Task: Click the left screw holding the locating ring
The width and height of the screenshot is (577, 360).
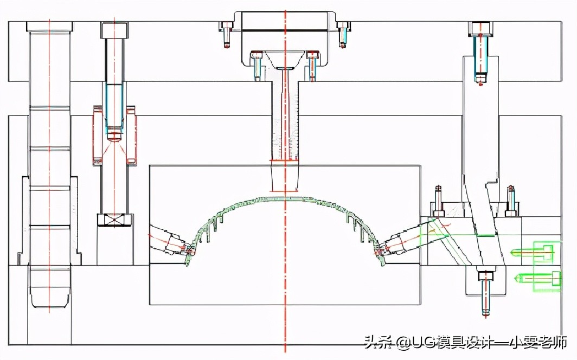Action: [227, 34]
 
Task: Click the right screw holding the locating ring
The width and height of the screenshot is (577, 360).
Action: [343, 34]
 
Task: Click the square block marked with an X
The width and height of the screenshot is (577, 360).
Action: [114, 220]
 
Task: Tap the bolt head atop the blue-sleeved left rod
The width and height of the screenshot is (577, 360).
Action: [114, 30]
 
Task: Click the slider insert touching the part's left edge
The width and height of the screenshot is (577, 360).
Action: [174, 242]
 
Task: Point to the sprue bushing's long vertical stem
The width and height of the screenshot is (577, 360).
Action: [285, 119]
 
